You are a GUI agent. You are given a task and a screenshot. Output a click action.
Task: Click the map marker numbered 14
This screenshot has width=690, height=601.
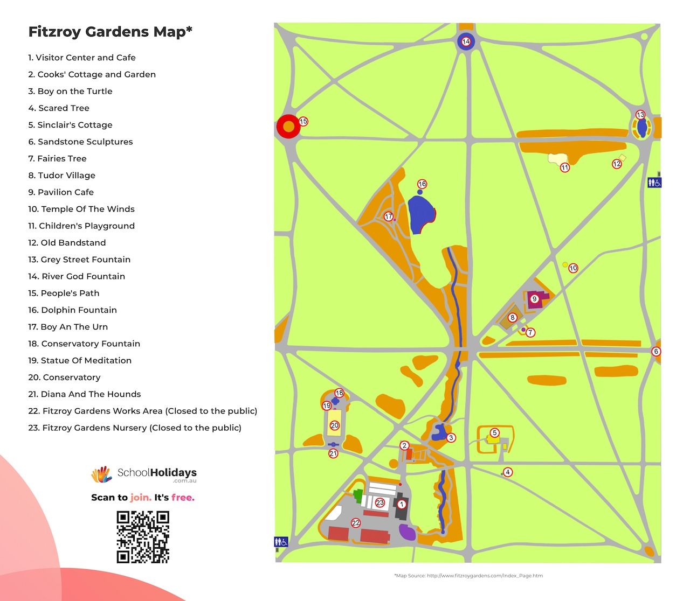(466, 41)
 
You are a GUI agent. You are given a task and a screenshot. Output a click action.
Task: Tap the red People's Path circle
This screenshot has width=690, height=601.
(288, 127)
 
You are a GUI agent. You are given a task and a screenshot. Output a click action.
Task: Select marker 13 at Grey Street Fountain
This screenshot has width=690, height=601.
(640, 115)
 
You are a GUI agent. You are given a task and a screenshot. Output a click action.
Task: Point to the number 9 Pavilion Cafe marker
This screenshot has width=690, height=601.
(534, 299)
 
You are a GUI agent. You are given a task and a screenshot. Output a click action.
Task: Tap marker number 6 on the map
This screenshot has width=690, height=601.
(656, 352)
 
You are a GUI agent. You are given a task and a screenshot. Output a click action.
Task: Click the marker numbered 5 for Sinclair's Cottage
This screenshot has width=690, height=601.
(495, 433)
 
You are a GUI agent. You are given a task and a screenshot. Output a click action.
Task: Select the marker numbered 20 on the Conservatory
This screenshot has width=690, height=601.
(335, 425)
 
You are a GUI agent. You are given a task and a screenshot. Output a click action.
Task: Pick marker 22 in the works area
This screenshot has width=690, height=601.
(356, 523)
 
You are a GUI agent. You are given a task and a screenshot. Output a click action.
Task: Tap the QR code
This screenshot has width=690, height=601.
(143, 537)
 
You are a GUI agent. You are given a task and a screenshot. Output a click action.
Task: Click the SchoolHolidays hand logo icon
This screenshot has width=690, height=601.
(101, 474)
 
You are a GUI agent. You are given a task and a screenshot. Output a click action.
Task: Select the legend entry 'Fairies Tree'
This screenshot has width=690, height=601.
(57, 158)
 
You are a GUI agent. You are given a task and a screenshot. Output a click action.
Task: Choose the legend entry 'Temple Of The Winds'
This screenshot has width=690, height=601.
(81, 209)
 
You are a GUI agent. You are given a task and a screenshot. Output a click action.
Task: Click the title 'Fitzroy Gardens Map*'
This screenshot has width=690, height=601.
(110, 32)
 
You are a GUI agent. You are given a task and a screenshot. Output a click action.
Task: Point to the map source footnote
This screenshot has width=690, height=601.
(468, 576)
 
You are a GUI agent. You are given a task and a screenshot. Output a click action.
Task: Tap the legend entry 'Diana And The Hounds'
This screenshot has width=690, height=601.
(84, 394)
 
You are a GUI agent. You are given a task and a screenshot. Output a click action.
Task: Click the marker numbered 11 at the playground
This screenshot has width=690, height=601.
(565, 167)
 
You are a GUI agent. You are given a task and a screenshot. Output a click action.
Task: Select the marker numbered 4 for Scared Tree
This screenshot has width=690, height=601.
(507, 472)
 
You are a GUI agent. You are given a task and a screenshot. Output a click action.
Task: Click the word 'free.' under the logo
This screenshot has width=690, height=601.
(183, 498)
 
